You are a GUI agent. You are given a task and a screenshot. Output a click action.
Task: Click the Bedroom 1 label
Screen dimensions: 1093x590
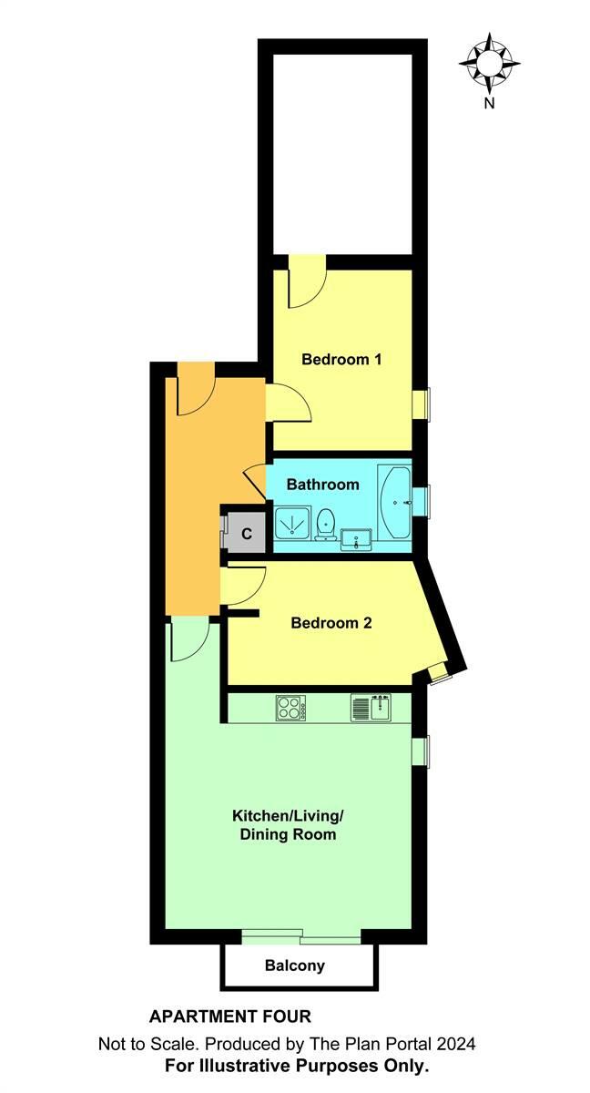[x=341, y=359]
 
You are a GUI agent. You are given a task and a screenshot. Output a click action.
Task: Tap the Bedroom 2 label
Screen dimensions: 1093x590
[x=331, y=624]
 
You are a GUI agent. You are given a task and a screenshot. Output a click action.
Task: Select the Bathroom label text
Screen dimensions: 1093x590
[x=323, y=485]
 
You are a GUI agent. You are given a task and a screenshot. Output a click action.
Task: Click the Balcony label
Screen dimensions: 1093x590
[x=295, y=966]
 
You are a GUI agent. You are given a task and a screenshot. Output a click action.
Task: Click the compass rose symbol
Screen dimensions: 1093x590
[x=490, y=62]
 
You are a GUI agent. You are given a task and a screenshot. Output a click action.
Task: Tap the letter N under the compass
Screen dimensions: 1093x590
[x=490, y=104]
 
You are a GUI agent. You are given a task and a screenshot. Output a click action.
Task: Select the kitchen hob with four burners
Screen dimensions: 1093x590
[x=291, y=707]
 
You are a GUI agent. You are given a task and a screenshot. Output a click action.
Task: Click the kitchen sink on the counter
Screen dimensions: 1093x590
[x=371, y=707]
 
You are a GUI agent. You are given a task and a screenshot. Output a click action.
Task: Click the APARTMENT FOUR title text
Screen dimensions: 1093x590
[x=229, y=1016]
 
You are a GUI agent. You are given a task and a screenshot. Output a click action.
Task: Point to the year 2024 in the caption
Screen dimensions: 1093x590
[x=456, y=1044]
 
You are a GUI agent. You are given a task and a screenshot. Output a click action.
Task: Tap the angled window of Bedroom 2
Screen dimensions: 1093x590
[x=438, y=673]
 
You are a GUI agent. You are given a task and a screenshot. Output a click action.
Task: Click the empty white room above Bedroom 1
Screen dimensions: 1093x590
[x=344, y=150]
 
